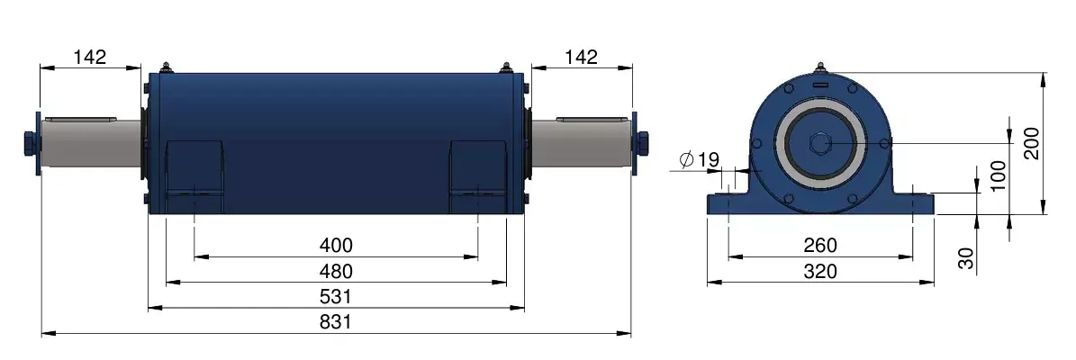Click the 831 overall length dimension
point(336,321)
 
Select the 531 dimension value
point(336,296)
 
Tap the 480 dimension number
point(336,271)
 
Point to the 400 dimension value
point(336,245)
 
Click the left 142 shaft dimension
point(91,57)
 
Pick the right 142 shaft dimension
point(582,57)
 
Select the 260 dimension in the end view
point(820,245)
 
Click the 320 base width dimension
point(820,272)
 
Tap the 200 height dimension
point(1032,143)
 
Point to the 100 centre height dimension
point(999,175)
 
